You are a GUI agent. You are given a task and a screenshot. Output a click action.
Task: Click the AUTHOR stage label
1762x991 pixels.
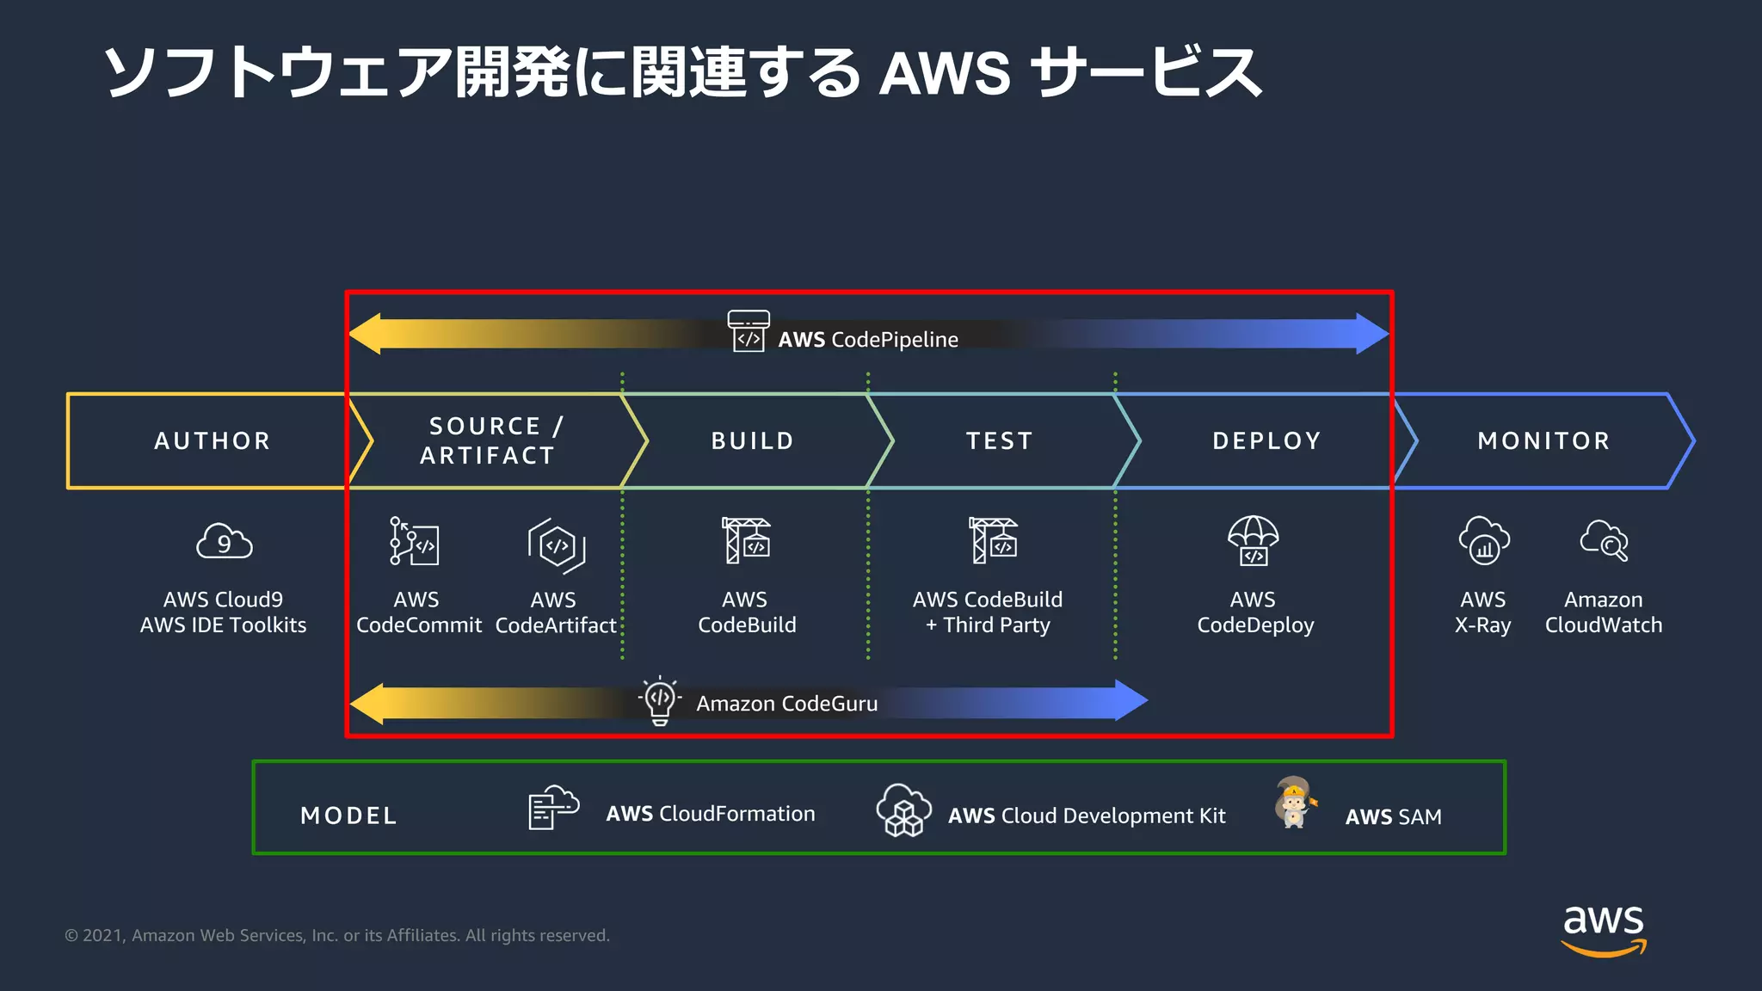(x=213, y=440)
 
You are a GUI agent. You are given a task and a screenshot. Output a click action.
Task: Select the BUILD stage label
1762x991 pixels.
(x=753, y=440)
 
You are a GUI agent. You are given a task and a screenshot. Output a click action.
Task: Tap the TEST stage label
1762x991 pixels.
(x=999, y=440)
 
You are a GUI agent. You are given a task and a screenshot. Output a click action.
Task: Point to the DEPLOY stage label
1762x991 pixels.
(x=1266, y=440)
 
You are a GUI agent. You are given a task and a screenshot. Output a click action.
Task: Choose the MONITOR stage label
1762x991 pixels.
(x=1543, y=440)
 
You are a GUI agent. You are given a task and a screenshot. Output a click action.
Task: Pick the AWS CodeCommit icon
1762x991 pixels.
(x=415, y=541)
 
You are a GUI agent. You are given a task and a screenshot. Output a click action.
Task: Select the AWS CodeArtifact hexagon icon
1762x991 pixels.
(x=557, y=545)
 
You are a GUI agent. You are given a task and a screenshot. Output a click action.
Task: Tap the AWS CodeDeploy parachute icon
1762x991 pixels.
(x=1254, y=540)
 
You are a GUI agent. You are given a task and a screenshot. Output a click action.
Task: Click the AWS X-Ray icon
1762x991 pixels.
(x=1484, y=541)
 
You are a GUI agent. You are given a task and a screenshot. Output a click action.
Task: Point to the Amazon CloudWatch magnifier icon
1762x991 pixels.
(x=1605, y=541)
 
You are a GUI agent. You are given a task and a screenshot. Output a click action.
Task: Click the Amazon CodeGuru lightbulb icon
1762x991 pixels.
(x=660, y=700)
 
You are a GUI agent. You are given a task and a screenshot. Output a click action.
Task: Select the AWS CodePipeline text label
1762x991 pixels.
(x=867, y=340)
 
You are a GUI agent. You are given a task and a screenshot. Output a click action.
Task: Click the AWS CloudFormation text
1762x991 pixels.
(x=710, y=814)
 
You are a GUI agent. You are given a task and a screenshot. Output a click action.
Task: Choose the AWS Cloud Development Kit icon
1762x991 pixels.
(x=903, y=810)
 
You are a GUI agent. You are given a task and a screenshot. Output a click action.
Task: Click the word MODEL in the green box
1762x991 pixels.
(x=348, y=816)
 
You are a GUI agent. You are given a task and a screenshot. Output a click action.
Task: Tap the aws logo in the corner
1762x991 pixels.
(x=1603, y=929)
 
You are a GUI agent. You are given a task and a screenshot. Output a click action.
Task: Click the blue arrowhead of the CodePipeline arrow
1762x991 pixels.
(x=1372, y=334)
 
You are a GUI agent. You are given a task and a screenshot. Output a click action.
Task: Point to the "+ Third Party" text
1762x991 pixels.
(x=988, y=625)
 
